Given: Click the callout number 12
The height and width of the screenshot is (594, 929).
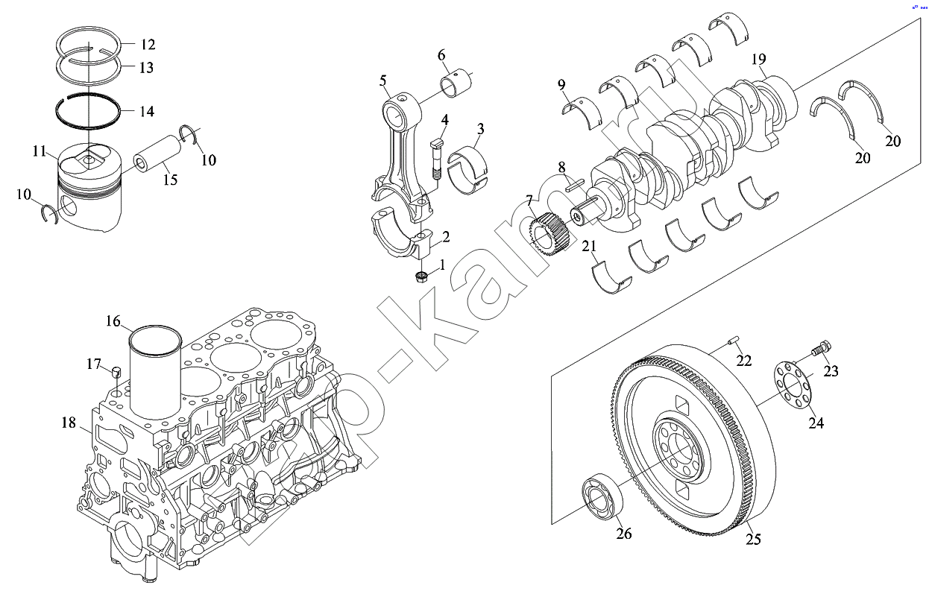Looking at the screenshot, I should click(x=148, y=44).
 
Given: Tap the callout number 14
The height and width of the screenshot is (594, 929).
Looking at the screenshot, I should click(x=147, y=112).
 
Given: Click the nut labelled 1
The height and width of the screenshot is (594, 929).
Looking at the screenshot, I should click(x=421, y=278).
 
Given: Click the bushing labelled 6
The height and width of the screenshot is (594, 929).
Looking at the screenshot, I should click(x=458, y=83).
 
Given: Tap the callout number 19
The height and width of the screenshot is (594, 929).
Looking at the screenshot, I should click(x=759, y=59).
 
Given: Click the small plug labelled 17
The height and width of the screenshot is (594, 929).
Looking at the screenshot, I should click(x=116, y=373).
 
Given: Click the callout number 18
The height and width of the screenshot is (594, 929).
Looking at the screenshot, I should click(x=69, y=423).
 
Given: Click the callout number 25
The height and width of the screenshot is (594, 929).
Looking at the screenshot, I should click(x=753, y=539).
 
